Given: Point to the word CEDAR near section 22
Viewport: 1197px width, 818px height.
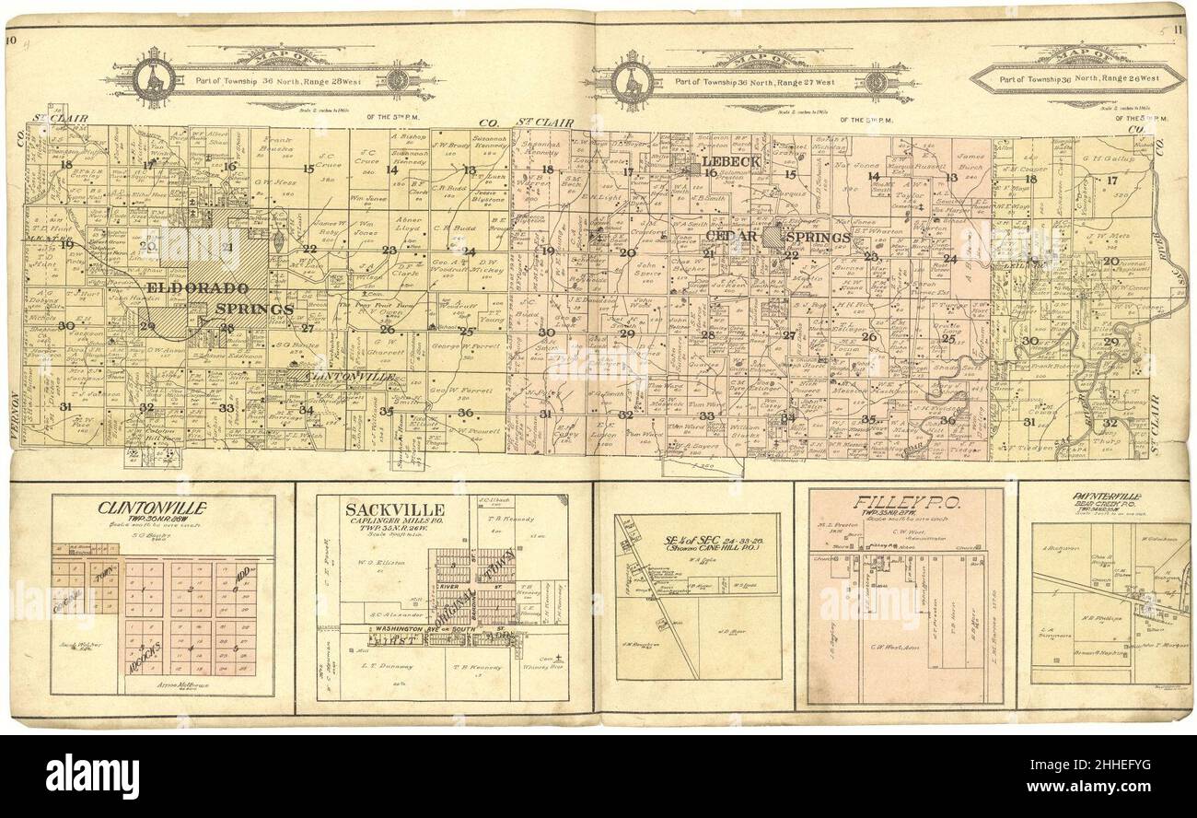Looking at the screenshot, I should click(x=732, y=237).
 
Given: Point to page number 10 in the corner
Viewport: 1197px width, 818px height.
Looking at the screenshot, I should click(x=12, y=40).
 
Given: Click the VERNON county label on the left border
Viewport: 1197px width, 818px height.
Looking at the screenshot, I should click(x=15, y=415).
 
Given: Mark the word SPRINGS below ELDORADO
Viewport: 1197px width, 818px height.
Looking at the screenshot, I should click(x=256, y=309).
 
